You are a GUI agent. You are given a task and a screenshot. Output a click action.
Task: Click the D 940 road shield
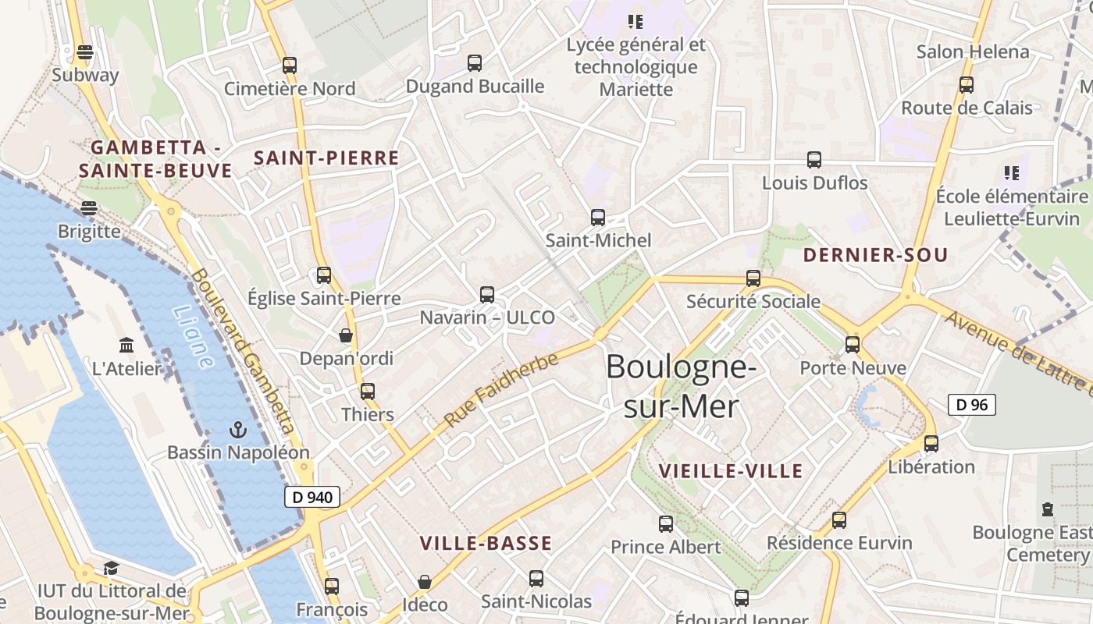(x=312, y=497)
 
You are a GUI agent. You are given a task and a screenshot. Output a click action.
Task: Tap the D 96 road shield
(x=971, y=405)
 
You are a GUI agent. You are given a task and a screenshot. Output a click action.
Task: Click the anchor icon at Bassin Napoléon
(x=237, y=430)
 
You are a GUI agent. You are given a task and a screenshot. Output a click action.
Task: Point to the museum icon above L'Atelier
(x=126, y=345)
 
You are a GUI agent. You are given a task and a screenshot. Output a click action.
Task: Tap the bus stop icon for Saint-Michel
(x=598, y=218)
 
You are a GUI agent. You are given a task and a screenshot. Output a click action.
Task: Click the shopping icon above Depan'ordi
(x=346, y=335)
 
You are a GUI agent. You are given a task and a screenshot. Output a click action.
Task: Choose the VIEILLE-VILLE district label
(x=731, y=471)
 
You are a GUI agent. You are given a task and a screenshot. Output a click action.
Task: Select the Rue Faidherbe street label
(x=501, y=389)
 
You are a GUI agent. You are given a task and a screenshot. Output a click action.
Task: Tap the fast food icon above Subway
(x=85, y=53)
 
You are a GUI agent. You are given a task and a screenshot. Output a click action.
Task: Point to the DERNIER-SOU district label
(x=875, y=255)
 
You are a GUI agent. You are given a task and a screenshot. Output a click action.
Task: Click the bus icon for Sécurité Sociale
(x=753, y=278)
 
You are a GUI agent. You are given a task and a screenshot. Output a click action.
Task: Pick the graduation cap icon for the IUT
(x=111, y=569)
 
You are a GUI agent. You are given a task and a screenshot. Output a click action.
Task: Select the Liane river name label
(x=192, y=336)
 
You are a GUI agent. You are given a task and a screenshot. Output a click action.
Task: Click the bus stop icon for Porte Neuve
(x=853, y=345)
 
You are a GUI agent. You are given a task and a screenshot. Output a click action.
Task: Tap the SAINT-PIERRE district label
(x=326, y=158)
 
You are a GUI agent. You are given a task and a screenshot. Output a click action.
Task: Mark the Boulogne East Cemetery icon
(x=1048, y=510)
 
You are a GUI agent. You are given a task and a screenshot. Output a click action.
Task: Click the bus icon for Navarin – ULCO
(x=487, y=295)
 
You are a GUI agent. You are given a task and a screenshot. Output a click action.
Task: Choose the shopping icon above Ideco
(x=425, y=582)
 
